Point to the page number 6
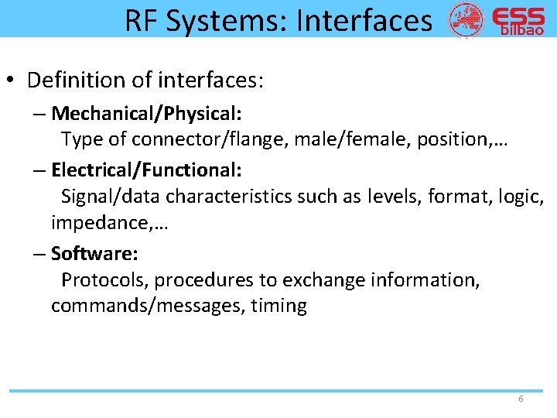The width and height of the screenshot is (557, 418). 521,399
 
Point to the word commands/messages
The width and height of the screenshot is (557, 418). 145,306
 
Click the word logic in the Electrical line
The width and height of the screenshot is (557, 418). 520,196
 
